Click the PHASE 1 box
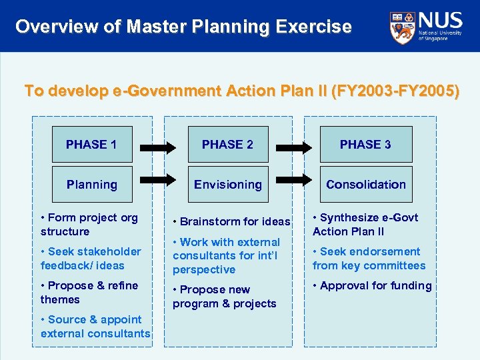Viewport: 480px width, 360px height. coord(91,144)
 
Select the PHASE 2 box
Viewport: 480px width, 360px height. coord(227,144)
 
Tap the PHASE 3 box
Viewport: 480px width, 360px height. coord(365,144)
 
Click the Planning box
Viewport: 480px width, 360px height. coord(91,185)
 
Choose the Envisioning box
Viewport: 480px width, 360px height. coord(227,185)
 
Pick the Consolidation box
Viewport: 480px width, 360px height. coord(365,185)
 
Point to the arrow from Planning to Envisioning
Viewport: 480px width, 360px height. coord(160,180)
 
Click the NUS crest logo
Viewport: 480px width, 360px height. coord(402,26)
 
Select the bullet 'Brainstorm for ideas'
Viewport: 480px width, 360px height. coord(231,221)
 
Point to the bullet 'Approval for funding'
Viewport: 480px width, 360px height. coord(372,285)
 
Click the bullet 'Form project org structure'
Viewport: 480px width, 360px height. coord(89,225)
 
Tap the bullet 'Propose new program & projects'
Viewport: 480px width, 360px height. coord(224,297)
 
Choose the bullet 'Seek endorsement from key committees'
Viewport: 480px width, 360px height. coord(369,259)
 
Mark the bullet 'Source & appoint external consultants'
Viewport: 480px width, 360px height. coord(95,327)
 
